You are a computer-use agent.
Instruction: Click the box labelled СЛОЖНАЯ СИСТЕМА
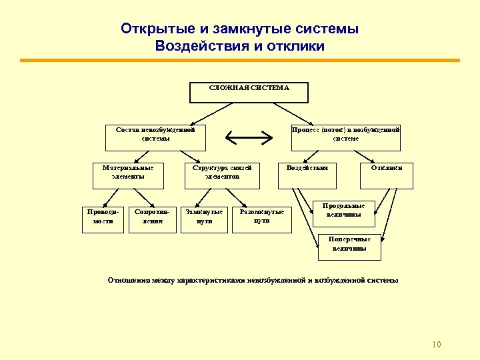click(x=249, y=93)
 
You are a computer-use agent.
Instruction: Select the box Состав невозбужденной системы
click(x=155, y=137)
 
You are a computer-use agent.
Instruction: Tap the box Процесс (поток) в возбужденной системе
click(x=345, y=137)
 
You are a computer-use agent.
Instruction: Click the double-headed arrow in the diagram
click(x=249, y=138)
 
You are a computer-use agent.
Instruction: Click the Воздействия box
click(x=307, y=174)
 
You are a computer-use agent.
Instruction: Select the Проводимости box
click(x=103, y=219)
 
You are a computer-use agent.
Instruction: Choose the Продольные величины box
click(x=344, y=213)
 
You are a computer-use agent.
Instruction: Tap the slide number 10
click(x=437, y=345)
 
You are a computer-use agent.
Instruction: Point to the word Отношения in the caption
click(x=128, y=281)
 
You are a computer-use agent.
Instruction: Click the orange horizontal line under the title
click(x=240, y=61)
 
